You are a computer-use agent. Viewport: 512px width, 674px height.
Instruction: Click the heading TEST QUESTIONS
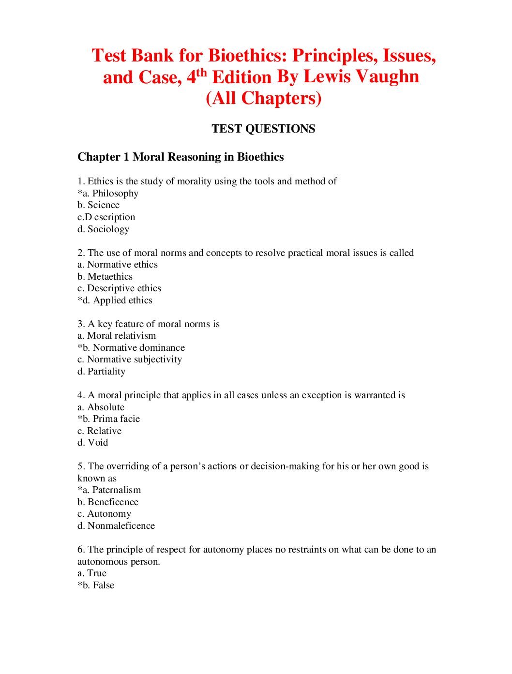[263, 129]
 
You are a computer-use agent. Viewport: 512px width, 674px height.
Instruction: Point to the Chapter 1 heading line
[181, 157]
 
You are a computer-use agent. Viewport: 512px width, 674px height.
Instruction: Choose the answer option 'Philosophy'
[115, 194]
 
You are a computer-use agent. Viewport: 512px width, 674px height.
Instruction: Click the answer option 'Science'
[103, 205]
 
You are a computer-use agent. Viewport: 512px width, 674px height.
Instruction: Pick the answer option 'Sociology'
[108, 229]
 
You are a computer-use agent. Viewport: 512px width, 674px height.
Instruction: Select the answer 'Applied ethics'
[122, 300]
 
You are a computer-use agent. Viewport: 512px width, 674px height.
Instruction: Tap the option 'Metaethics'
[110, 277]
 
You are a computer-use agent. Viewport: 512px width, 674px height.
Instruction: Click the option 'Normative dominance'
[138, 348]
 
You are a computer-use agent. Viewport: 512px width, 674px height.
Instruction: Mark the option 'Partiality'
[106, 372]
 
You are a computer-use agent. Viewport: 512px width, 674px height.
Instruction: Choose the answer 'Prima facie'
[116, 419]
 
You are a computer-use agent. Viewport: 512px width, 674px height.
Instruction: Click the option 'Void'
[98, 443]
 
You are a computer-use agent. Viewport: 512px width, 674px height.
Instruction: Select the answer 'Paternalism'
[116, 490]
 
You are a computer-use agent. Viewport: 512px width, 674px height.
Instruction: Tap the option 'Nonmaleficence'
[121, 526]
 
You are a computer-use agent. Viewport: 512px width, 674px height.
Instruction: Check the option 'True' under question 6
[97, 573]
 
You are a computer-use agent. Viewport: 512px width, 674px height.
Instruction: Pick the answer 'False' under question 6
[104, 585]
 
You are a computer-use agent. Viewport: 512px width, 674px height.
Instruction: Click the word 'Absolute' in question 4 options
[105, 407]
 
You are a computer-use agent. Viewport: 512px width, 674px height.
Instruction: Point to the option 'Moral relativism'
[121, 336]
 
